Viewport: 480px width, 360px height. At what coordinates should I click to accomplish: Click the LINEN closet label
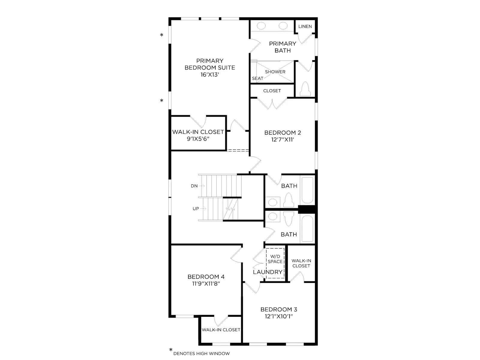click(305, 26)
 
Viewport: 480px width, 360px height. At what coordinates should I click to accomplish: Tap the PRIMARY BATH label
click(283, 47)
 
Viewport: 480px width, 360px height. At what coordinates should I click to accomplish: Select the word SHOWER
click(275, 72)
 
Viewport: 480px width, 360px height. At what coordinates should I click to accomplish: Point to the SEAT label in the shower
click(258, 78)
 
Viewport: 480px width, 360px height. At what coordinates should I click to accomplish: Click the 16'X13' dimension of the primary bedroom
click(210, 75)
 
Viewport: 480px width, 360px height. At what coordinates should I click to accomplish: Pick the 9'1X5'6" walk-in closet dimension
click(198, 139)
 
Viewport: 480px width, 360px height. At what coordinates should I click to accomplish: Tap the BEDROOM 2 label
click(283, 133)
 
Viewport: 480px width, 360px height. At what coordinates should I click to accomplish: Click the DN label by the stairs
click(194, 186)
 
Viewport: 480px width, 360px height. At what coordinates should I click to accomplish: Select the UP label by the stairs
click(196, 209)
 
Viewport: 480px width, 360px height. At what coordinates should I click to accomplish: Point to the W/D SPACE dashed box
click(275, 263)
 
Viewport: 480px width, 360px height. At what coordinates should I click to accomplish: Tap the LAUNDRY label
click(268, 272)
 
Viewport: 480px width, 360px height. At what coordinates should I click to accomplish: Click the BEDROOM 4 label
click(206, 277)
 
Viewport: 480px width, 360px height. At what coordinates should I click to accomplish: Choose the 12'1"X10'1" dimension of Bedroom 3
click(279, 316)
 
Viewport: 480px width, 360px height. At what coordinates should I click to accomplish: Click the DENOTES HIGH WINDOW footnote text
click(201, 354)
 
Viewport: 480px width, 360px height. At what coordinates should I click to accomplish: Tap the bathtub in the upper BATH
click(307, 190)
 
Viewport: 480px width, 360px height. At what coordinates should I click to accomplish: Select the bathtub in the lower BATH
click(307, 229)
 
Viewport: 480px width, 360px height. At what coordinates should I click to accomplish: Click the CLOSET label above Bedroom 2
click(272, 91)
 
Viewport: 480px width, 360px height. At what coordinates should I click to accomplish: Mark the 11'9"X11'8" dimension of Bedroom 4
click(206, 284)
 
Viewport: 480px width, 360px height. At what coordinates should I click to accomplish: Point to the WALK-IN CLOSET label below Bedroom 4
click(221, 330)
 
